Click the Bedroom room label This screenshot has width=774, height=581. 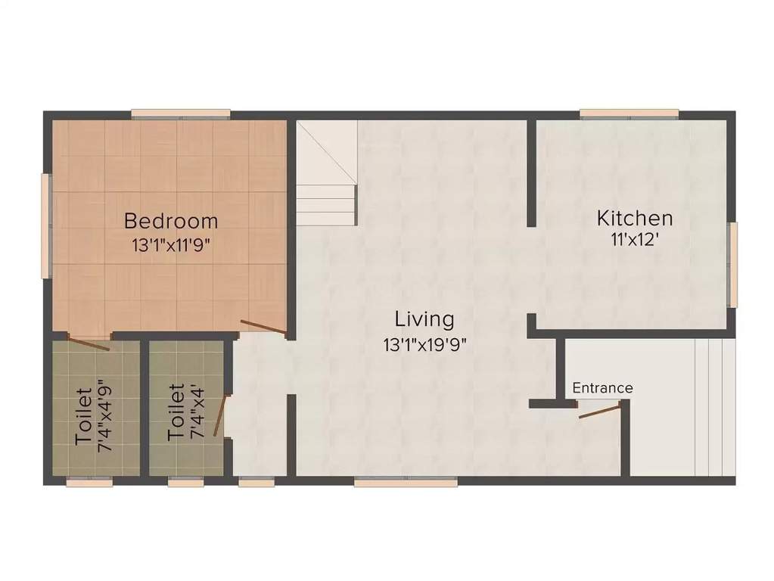(x=171, y=221)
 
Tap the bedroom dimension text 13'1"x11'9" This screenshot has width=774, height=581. (x=170, y=245)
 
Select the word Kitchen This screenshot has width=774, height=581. (x=634, y=219)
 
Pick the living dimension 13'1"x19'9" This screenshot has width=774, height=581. (x=424, y=345)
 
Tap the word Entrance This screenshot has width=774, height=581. (x=602, y=388)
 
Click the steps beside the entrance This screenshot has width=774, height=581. (x=714, y=405)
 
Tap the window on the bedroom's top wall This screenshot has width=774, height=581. (x=180, y=113)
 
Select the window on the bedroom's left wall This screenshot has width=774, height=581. (x=45, y=225)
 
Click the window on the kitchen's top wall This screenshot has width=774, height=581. (x=629, y=113)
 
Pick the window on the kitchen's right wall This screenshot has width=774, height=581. (x=732, y=264)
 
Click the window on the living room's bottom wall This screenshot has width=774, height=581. (x=406, y=481)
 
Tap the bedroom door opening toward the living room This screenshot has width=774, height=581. (x=263, y=328)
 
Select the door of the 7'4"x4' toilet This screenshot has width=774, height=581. (x=220, y=415)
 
